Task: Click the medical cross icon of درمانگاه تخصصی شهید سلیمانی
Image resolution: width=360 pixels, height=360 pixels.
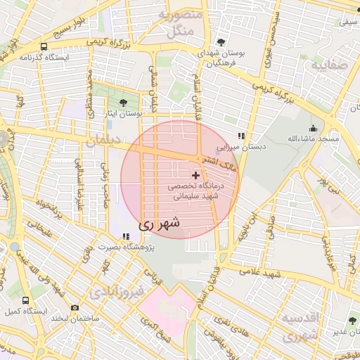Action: [x=195, y=174]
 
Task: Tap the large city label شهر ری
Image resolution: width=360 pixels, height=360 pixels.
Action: [x=159, y=224]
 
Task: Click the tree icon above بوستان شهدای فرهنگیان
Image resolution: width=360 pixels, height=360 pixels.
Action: [x=222, y=43]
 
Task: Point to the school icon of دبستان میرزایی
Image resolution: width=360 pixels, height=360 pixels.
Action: [x=241, y=136]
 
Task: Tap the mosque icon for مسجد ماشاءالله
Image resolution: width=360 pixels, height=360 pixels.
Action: [x=313, y=129]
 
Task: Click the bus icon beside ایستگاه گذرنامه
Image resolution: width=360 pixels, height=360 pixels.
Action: [x=44, y=46]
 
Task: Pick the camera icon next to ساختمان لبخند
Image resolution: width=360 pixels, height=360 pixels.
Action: [x=75, y=307]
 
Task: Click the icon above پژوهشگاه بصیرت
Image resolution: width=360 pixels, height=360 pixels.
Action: [x=126, y=237]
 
